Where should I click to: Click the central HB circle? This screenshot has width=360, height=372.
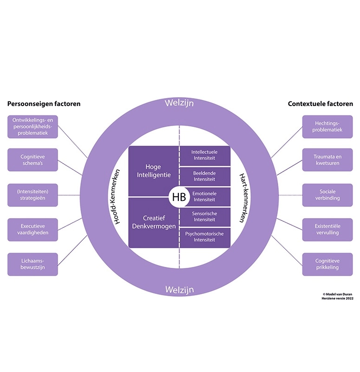tap(179, 197)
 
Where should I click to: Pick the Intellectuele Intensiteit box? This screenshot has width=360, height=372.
tap(204, 155)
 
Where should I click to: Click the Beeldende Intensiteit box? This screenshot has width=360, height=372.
tap(204, 176)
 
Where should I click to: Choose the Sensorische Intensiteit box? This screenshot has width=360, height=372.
tap(204, 216)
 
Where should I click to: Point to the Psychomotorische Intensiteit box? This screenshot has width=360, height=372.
tap(204, 237)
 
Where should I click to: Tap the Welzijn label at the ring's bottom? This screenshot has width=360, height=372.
tap(179, 290)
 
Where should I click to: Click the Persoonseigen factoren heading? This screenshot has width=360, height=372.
tap(44, 104)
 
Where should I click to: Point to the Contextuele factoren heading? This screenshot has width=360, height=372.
tap(321, 104)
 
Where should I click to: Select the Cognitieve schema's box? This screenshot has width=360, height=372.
tap(33, 160)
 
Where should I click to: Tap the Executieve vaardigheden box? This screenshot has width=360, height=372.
tap(33, 230)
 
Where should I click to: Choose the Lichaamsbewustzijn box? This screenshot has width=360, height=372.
tap(33, 265)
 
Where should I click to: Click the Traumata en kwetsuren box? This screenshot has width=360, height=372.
tap(327, 160)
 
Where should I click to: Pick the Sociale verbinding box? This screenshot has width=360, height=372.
tap(327, 195)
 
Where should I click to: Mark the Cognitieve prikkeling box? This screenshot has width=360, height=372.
tap(327, 265)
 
